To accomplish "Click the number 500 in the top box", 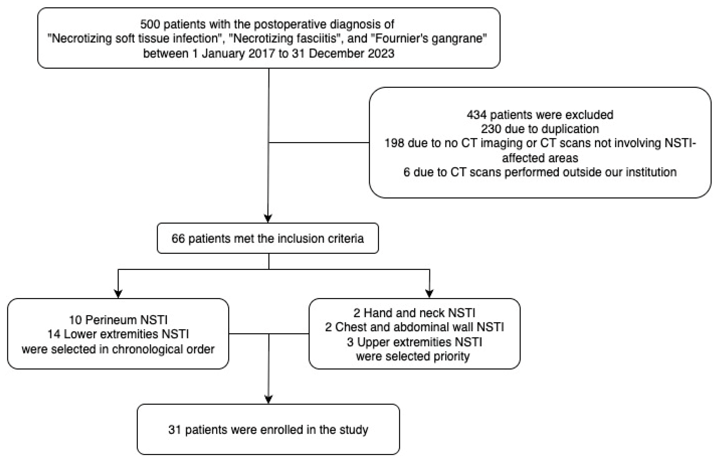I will coord(150,24).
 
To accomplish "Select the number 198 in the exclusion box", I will coord(394,143).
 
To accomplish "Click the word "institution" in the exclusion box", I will coord(651,172).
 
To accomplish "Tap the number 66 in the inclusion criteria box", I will coord(178,238).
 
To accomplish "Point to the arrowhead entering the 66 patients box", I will coord(268,218).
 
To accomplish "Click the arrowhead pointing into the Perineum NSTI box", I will coord(118,294).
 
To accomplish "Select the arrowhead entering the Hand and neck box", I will coord(430,294).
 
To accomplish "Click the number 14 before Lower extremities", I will coord(54,334).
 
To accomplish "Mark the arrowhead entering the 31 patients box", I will coord(269,399).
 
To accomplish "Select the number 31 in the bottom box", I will coord(175,430).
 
